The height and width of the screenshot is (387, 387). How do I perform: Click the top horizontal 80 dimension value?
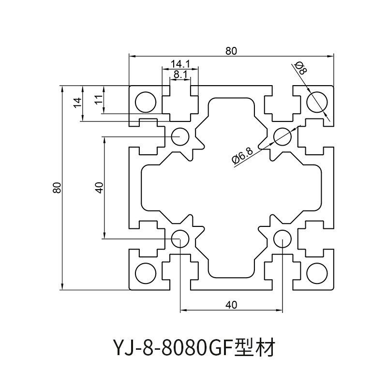[231, 50]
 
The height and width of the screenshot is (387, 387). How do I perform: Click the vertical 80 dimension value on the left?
[57, 188]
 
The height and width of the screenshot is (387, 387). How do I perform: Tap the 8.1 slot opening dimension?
[180, 74]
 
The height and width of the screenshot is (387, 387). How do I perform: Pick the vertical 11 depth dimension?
[97, 100]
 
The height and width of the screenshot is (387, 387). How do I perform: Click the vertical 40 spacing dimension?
[99, 188]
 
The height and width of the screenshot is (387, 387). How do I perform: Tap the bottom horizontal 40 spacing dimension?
[231, 304]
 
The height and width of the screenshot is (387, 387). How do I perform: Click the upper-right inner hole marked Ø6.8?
[282, 136]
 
